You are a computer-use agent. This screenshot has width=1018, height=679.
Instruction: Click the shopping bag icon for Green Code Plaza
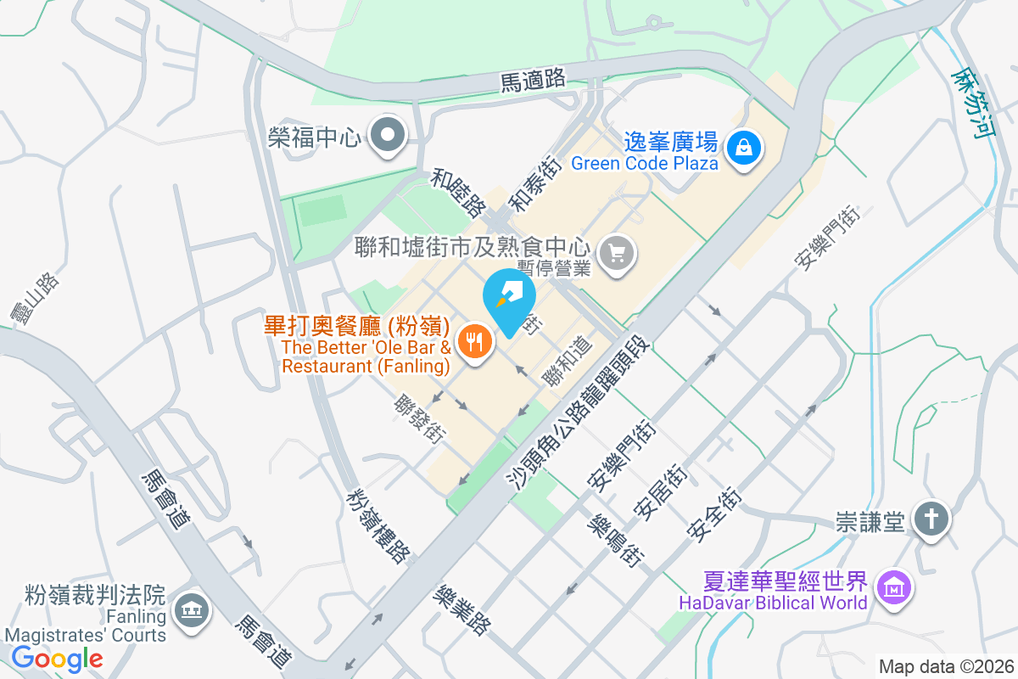[x=744, y=149]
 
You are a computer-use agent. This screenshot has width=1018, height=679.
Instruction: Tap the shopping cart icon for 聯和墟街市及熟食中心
[x=617, y=252]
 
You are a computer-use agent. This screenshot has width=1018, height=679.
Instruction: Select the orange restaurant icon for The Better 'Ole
[x=473, y=341]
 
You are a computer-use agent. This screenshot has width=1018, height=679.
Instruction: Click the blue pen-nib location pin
[x=509, y=297]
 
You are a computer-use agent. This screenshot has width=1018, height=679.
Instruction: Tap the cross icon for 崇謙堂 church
[x=931, y=519]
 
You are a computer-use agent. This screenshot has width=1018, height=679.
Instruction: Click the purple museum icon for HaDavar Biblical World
[x=894, y=586]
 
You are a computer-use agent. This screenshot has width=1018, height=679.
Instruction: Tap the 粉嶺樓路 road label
[x=379, y=525]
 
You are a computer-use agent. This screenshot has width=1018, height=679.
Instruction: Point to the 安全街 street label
[x=715, y=515]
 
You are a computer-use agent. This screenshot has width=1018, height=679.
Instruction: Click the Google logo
[x=57, y=658]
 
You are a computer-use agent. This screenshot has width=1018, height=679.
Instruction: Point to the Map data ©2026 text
[x=945, y=666]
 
